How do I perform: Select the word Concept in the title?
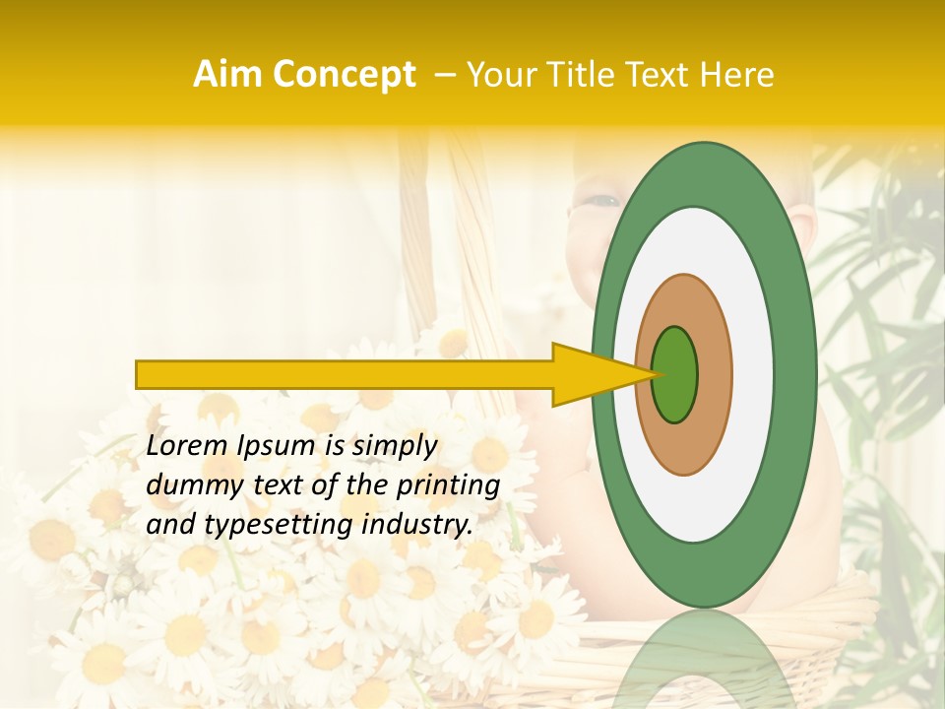(345, 75)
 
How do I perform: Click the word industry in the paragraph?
(417, 525)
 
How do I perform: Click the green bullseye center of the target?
(674, 374)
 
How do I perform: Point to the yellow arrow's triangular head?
(591, 374)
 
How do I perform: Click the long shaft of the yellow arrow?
(345, 374)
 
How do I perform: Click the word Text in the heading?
(659, 75)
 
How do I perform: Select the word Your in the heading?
(498, 75)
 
